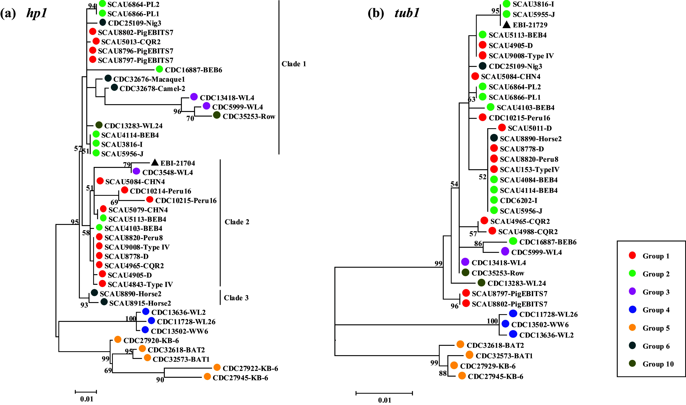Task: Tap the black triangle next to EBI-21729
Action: click(x=506, y=25)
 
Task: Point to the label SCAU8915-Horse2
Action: click(x=140, y=303)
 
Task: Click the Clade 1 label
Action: click(x=294, y=64)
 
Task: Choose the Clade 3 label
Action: click(x=236, y=298)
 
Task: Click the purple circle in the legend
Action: click(x=632, y=292)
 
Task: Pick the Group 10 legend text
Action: click(x=658, y=364)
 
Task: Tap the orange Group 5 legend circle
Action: click(x=632, y=327)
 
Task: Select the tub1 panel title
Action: click(x=407, y=13)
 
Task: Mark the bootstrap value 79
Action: click(x=127, y=165)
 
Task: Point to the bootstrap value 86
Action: click(x=478, y=243)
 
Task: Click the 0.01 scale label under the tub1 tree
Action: click(x=384, y=400)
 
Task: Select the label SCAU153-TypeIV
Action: click(x=529, y=170)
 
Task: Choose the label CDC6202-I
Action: click(x=518, y=201)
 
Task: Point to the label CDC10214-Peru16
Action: click(x=160, y=191)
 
